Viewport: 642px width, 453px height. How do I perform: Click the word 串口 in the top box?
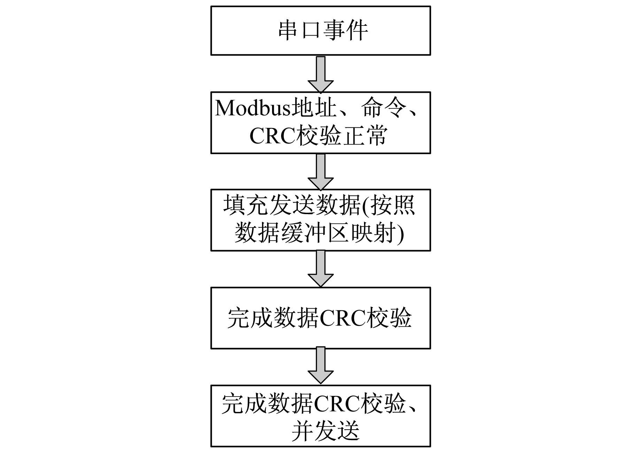(x=299, y=31)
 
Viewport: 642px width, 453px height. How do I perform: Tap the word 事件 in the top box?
(x=345, y=31)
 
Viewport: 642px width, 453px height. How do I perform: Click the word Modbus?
(x=253, y=108)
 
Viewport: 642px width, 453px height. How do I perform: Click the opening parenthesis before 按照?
(x=365, y=206)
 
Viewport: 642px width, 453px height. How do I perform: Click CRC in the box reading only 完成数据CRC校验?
(x=343, y=318)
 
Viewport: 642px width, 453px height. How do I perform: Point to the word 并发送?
(x=325, y=432)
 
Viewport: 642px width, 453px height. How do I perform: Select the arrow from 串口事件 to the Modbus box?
(x=320, y=74)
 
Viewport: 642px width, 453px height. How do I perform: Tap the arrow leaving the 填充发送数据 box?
(x=320, y=269)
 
